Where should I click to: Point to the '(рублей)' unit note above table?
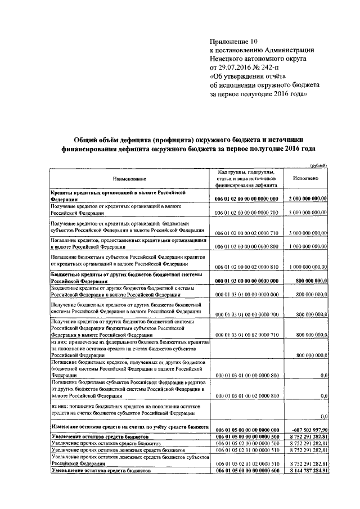coord(318,165)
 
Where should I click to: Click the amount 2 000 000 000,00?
coord(308,199)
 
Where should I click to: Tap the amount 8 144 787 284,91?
coord(308,471)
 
